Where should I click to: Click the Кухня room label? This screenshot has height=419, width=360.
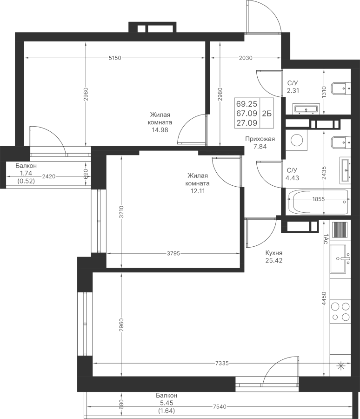(274, 253)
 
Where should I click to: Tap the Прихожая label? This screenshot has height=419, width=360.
(260, 139)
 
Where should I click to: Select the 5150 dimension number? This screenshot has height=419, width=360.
(115, 58)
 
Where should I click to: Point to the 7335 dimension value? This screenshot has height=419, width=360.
(222, 364)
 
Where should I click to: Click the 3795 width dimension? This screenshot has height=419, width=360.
(173, 253)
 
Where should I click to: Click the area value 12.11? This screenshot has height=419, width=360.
(198, 191)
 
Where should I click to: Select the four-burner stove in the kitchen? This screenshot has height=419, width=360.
(340, 311)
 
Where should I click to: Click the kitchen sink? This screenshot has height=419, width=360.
(340, 259)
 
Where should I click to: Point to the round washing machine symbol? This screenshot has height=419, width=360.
(296, 140)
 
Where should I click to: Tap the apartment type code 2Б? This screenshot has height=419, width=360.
(267, 114)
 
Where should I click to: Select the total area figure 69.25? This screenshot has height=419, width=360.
(247, 104)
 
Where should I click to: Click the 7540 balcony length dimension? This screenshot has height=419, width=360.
(220, 407)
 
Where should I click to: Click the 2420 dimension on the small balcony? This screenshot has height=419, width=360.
(49, 176)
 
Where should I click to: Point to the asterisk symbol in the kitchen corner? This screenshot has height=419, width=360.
(341, 365)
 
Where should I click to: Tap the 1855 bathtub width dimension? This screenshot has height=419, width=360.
(318, 199)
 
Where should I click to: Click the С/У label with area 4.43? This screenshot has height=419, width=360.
(292, 170)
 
